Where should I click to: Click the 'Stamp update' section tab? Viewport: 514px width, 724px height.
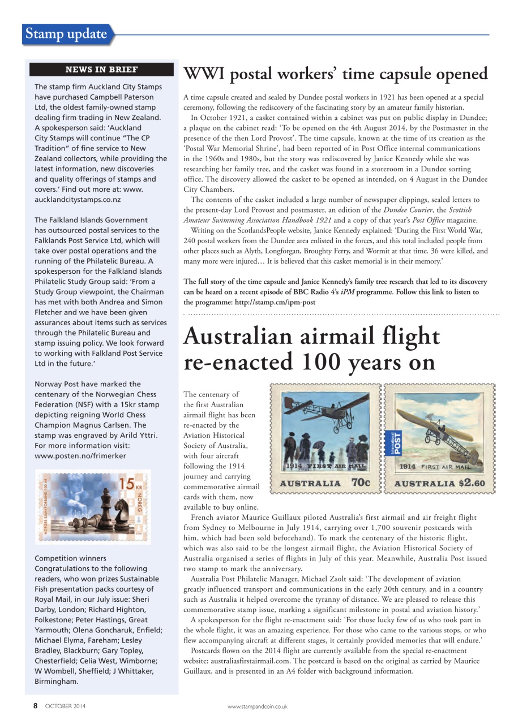(x=66, y=34)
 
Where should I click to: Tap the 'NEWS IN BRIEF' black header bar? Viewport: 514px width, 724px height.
(x=101, y=70)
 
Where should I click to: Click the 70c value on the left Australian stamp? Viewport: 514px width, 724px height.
(x=361, y=483)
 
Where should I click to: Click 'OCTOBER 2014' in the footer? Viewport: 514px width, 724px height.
(x=65, y=706)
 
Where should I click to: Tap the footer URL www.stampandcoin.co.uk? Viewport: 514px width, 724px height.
(x=257, y=706)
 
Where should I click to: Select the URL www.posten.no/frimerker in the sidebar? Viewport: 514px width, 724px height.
(x=80, y=455)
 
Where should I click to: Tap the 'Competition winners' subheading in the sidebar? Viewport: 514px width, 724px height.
(x=70, y=558)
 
